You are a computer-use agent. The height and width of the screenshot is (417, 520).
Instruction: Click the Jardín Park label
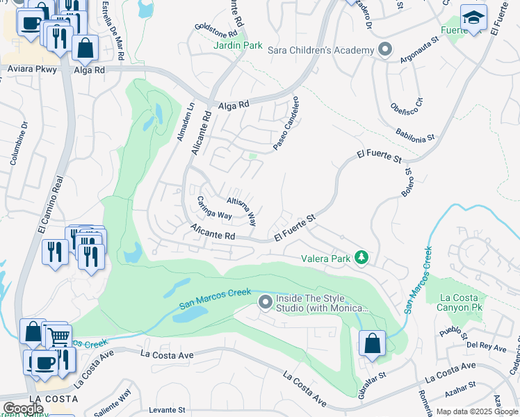tap(238, 46)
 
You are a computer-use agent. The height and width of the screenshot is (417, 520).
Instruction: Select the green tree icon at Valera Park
tap(361, 258)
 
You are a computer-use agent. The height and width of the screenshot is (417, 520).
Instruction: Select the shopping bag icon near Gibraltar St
tap(372, 343)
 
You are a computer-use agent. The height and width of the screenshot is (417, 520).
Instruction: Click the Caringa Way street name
tap(213, 209)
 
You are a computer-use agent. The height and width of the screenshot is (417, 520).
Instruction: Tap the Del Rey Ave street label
tap(480, 345)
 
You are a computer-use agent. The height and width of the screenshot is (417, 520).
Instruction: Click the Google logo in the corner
tap(22, 408)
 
